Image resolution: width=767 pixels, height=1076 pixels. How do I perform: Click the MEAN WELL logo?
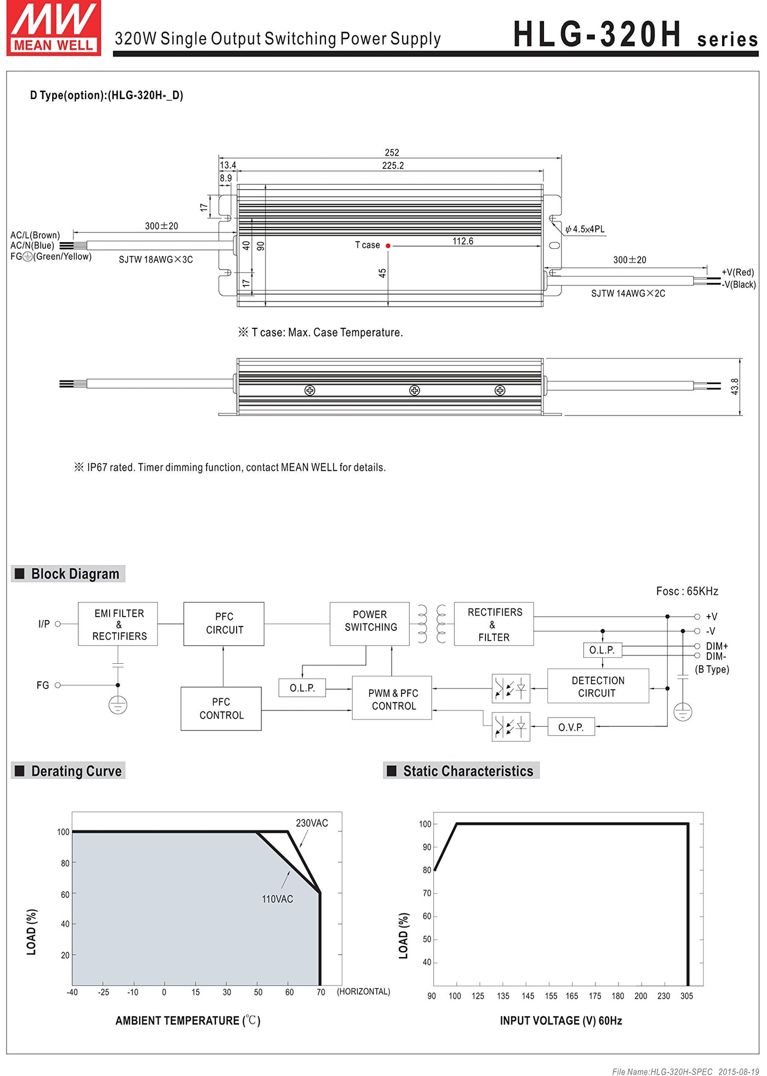coord(54,28)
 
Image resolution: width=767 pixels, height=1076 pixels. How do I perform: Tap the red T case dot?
coord(388,246)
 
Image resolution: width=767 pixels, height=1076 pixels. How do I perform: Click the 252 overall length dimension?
coord(392,152)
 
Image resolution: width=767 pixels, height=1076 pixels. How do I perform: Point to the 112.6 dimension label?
coord(462,241)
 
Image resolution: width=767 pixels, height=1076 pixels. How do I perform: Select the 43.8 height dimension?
coord(735,386)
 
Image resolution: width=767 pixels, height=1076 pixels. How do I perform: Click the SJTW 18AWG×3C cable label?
coord(156,260)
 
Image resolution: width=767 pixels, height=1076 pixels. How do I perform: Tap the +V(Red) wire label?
coord(737,272)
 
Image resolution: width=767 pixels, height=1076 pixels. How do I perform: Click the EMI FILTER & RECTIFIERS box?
coord(118,624)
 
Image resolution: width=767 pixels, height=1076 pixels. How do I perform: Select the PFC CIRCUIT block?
coord(224,624)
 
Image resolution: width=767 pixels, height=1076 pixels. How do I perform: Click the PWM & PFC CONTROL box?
coord(392,699)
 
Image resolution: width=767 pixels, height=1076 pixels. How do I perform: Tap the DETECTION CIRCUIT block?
coord(598,686)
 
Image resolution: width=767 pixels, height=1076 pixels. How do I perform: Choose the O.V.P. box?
coord(571,727)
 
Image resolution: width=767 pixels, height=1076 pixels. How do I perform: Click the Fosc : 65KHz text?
coord(686,591)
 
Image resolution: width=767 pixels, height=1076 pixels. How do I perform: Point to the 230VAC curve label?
coord(312,823)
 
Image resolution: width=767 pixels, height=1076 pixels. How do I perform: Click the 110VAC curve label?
coord(277,899)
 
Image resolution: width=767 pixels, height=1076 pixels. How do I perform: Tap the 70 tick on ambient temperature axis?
coord(320,992)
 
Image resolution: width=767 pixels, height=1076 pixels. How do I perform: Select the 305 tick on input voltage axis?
coord(686,996)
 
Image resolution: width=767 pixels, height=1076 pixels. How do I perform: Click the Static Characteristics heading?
coord(467,771)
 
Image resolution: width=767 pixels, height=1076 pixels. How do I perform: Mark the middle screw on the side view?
coord(415,390)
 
